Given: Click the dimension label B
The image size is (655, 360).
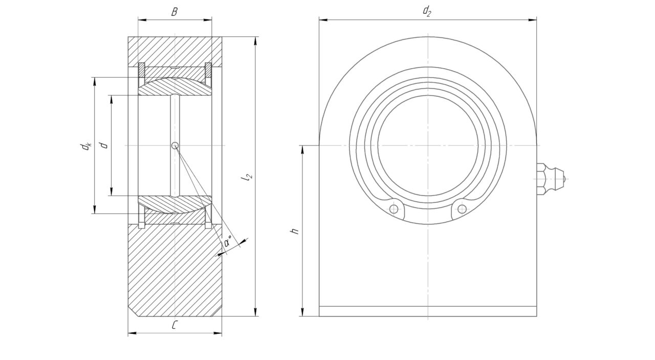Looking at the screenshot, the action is [x=174, y=12].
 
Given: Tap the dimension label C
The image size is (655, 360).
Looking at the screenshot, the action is [x=174, y=325].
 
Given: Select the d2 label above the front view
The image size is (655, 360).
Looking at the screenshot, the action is [x=427, y=11].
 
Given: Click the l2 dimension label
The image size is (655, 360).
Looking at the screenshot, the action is [x=247, y=177].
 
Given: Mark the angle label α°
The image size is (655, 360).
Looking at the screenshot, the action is [x=228, y=241].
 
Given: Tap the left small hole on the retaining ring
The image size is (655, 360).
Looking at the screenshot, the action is [x=394, y=209].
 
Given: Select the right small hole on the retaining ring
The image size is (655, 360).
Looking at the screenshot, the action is [x=462, y=209].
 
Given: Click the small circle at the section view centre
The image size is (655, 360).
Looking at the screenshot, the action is [x=175, y=145].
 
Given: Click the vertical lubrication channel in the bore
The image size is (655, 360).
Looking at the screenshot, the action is [x=175, y=145].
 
